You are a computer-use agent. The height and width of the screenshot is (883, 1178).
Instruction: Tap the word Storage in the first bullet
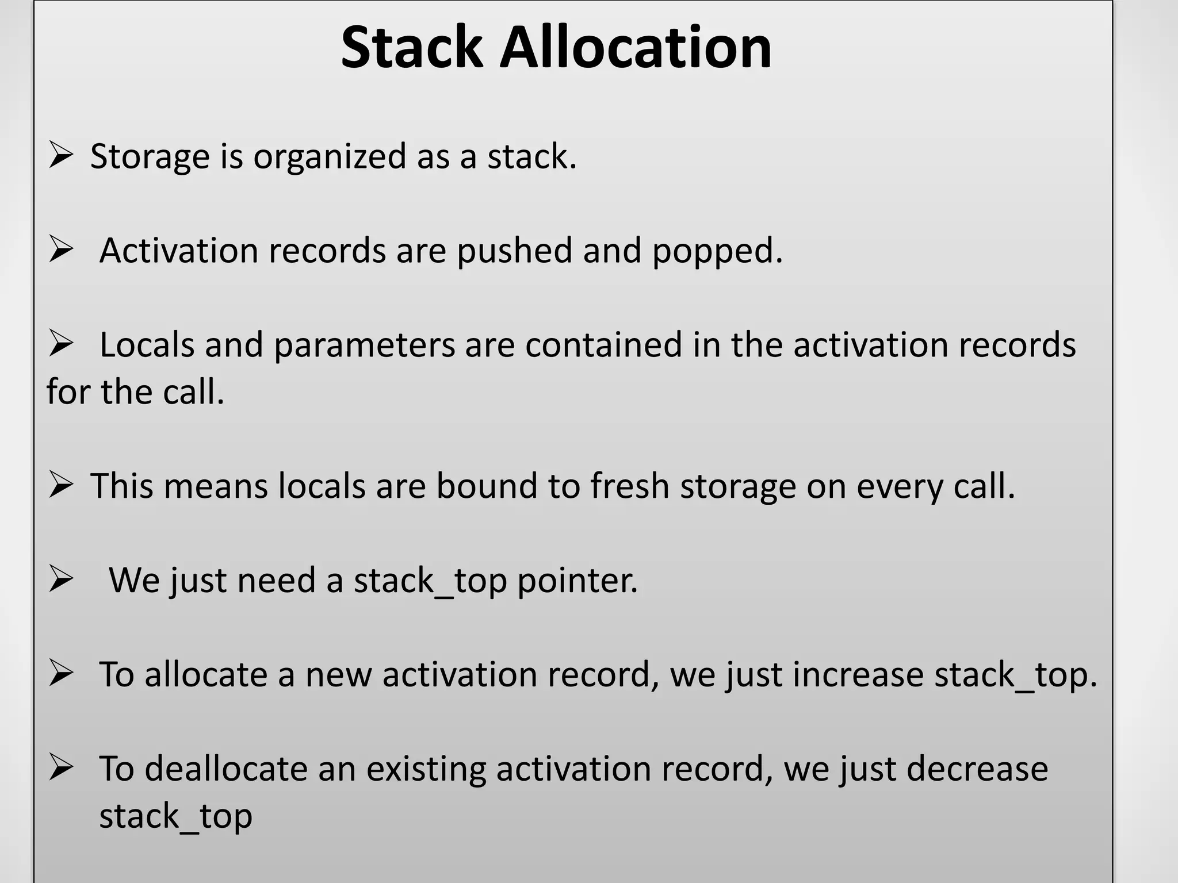coord(150,156)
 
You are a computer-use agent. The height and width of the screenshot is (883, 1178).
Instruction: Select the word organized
coord(330,156)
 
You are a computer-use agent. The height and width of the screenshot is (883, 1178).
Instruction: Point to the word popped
coord(717,252)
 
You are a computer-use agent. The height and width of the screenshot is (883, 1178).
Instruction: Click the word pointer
coord(577,581)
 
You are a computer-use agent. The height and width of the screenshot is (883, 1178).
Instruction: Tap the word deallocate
coord(226,769)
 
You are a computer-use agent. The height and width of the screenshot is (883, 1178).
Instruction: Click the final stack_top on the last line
coord(175,816)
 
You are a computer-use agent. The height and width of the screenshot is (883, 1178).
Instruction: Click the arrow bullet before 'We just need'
coord(60,579)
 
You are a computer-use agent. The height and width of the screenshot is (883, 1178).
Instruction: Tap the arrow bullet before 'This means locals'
coord(60,485)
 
